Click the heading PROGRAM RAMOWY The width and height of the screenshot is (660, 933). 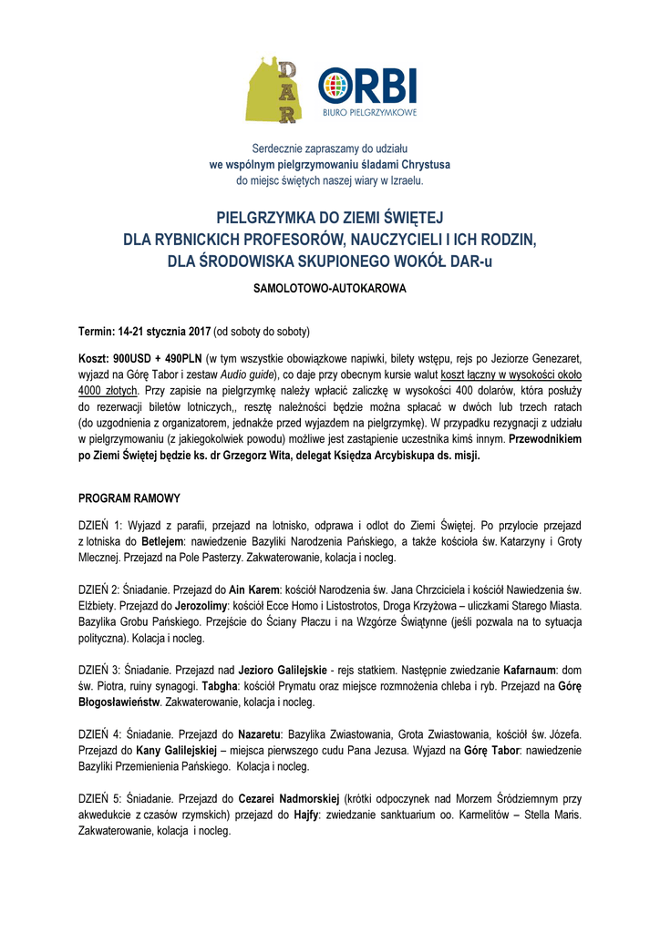pos(129,498)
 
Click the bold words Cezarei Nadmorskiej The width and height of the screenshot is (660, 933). pos(289,797)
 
